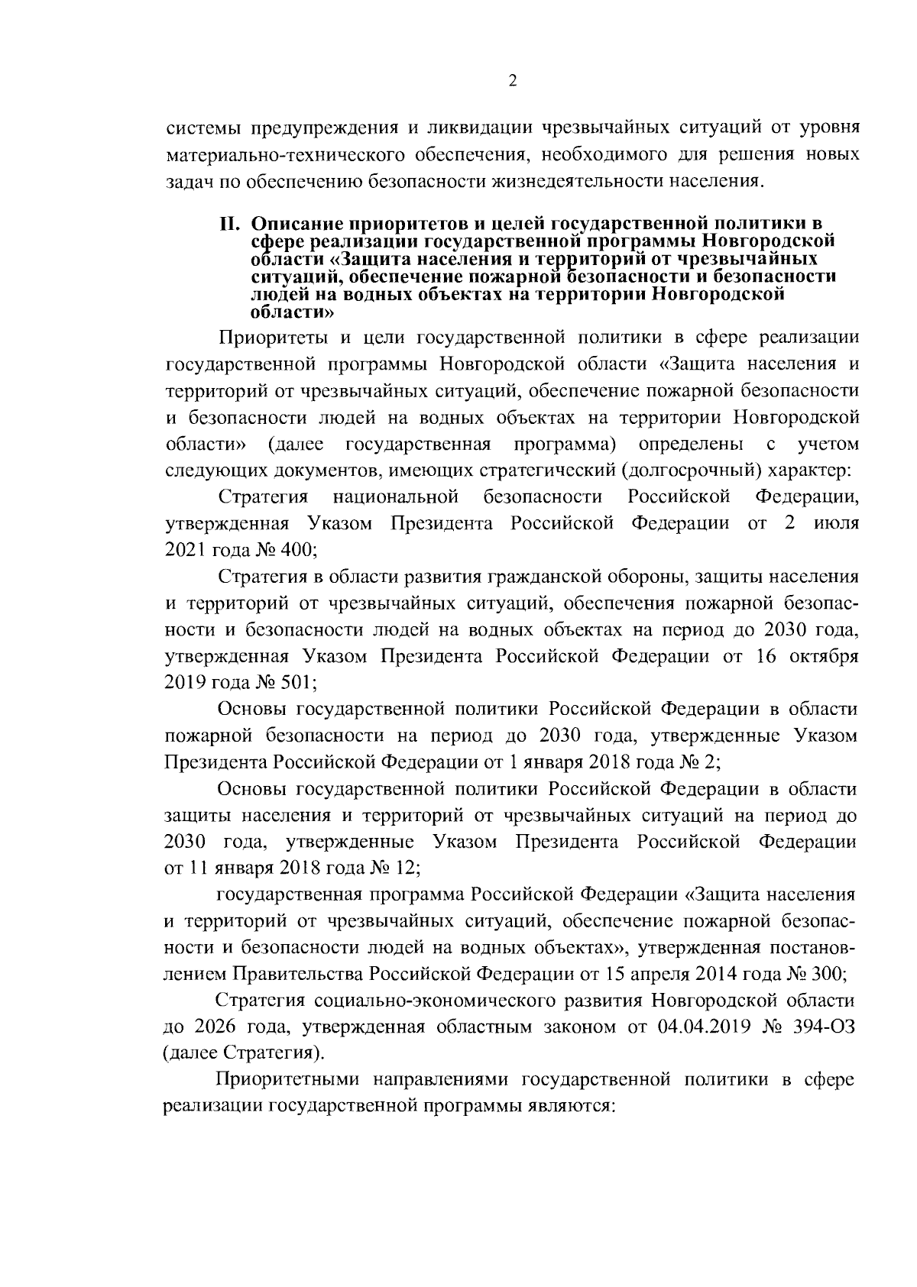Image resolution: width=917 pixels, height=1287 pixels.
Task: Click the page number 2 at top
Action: (x=513, y=82)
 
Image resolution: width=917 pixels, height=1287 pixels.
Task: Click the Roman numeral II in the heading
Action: (x=231, y=224)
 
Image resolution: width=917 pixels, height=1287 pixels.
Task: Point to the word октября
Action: (x=821, y=656)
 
